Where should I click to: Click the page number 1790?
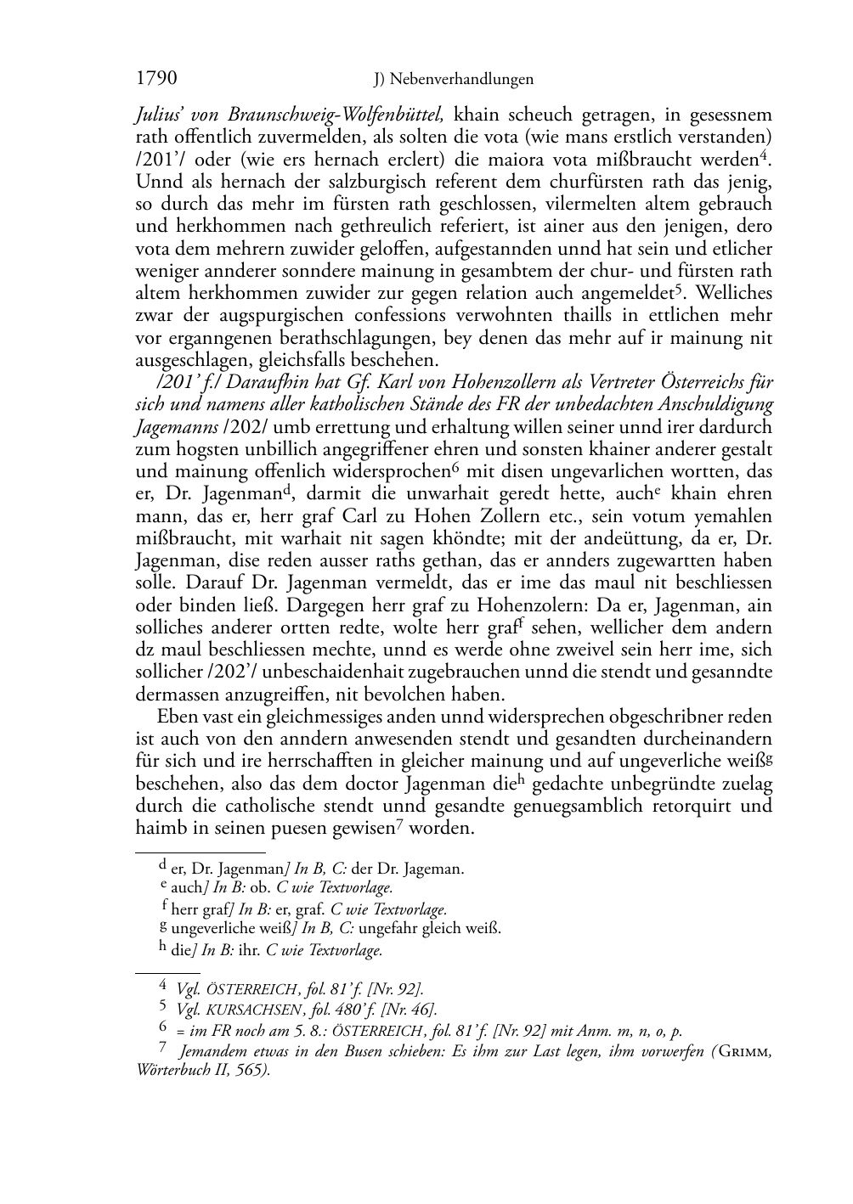click(x=156, y=79)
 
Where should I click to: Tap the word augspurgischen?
click(x=280, y=316)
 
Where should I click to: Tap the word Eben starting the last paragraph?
click(x=176, y=717)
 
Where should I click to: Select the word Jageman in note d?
click(x=435, y=869)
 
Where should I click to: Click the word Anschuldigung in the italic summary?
click(x=716, y=405)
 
